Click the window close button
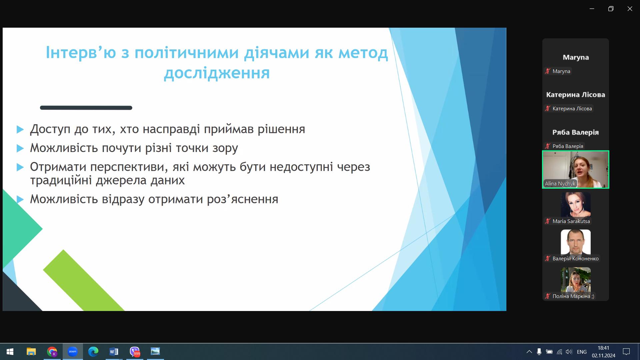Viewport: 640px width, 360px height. tap(630, 9)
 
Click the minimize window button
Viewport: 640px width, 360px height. tap(592, 9)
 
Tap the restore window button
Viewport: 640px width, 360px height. tap(611, 9)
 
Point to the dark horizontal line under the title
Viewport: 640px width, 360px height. tap(86, 108)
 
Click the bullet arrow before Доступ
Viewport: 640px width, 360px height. tap(20, 129)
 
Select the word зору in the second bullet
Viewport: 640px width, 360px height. tap(225, 148)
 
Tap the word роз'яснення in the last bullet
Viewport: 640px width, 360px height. tap(243, 199)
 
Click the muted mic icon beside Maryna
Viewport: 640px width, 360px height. tap(548, 71)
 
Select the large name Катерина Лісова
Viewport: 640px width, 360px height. tap(575, 95)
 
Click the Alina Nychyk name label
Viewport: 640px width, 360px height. tap(560, 184)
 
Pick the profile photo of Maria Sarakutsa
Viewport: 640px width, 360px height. tap(576, 204)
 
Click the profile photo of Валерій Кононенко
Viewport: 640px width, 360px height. tap(576, 242)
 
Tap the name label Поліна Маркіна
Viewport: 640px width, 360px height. tap(573, 296)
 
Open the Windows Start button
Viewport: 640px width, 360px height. tap(10, 352)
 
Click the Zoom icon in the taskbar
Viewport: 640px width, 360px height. tap(72, 352)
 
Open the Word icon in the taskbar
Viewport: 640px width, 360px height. tap(114, 352)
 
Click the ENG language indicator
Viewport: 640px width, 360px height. tap(582, 352)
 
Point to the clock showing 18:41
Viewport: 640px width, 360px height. tap(603, 348)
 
